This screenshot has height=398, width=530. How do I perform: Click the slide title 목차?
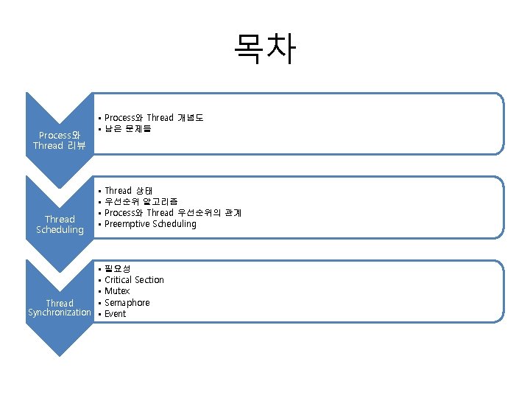point(265,48)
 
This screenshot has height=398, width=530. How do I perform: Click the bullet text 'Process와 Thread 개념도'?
point(154,118)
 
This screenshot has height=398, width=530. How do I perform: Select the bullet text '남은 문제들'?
point(128,130)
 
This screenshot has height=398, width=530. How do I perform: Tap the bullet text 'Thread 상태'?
point(129,191)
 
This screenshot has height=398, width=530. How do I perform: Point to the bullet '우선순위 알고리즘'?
point(141,202)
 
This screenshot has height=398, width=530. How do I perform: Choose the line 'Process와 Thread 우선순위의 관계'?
point(173,213)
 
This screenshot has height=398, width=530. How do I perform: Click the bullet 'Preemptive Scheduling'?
point(150,224)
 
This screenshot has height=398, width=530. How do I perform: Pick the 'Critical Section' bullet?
point(134,280)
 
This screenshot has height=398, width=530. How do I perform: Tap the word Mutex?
point(117,291)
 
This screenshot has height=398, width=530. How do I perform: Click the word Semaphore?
point(127,303)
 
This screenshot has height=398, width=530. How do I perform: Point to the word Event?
point(116,314)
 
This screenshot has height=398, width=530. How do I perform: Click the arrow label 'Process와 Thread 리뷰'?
point(60,140)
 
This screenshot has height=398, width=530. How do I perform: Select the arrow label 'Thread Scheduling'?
point(60,224)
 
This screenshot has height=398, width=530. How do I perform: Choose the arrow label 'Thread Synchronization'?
point(60,308)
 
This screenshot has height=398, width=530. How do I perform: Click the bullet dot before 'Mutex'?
point(99,292)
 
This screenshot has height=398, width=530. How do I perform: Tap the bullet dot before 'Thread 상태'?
point(99,192)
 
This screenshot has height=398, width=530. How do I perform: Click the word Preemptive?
point(127,224)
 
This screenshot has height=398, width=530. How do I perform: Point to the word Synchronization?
point(60,313)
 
